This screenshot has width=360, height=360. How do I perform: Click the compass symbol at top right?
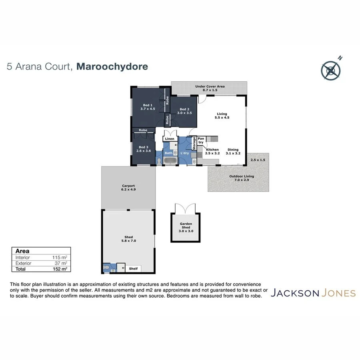pyautogui.click(x=331, y=70)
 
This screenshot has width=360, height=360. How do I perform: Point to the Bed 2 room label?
pyautogui.click(x=184, y=111)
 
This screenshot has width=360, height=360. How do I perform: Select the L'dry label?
pyautogui.click(x=184, y=153)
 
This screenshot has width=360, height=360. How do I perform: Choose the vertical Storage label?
pyautogui.click(x=194, y=143)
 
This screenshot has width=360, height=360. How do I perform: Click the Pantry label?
pyautogui.click(x=201, y=140)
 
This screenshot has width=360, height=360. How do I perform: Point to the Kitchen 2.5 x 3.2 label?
pyautogui.click(x=212, y=151)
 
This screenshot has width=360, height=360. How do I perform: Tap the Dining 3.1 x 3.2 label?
pyautogui.click(x=233, y=151)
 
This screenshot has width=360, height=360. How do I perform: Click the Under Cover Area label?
pyautogui.click(x=210, y=88)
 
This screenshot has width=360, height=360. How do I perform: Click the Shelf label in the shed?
pyautogui.click(x=133, y=269)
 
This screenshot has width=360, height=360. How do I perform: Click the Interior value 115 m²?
pyautogui.click(x=60, y=258)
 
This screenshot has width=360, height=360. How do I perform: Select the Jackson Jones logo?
pyautogui.click(x=313, y=293)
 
